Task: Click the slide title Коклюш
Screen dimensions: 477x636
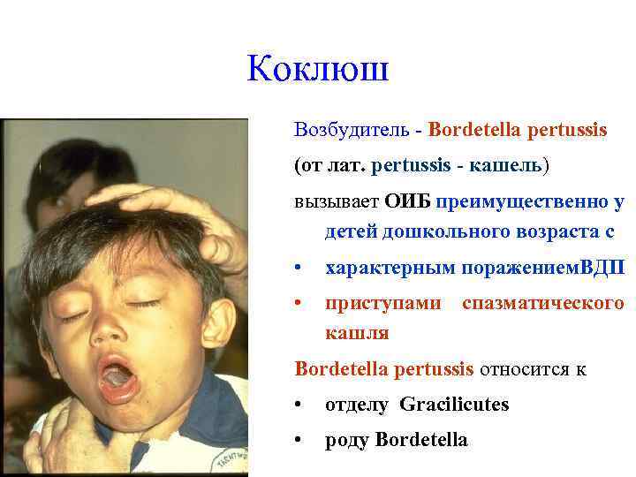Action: coord(318,70)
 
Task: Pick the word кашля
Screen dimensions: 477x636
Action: coord(357,333)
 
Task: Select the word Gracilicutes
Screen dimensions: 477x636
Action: coord(454,405)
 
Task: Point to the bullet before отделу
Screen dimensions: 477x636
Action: coord(300,405)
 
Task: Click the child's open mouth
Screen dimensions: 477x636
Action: coord(117,376)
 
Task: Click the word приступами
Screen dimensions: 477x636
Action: coord(383,303)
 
